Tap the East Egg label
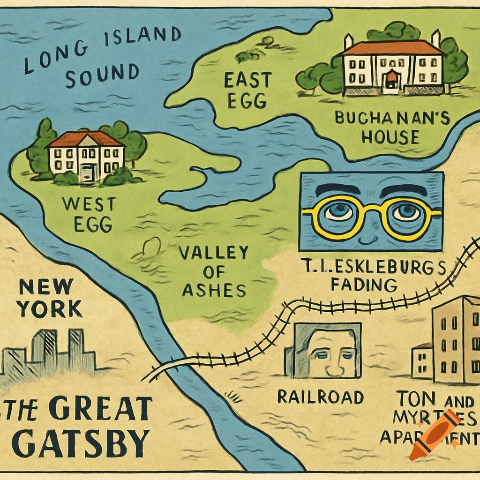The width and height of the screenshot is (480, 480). [247, 90]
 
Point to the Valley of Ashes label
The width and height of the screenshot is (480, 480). [214, 272]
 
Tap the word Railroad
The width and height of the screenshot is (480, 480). [320, 397]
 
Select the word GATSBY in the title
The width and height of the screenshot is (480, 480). [78, 442]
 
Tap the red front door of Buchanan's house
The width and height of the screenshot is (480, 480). [390, 79]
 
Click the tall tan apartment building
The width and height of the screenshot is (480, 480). [455, 340]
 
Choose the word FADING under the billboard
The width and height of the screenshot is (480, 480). [364, 284]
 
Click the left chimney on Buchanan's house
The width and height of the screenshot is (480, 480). [348, 42]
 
